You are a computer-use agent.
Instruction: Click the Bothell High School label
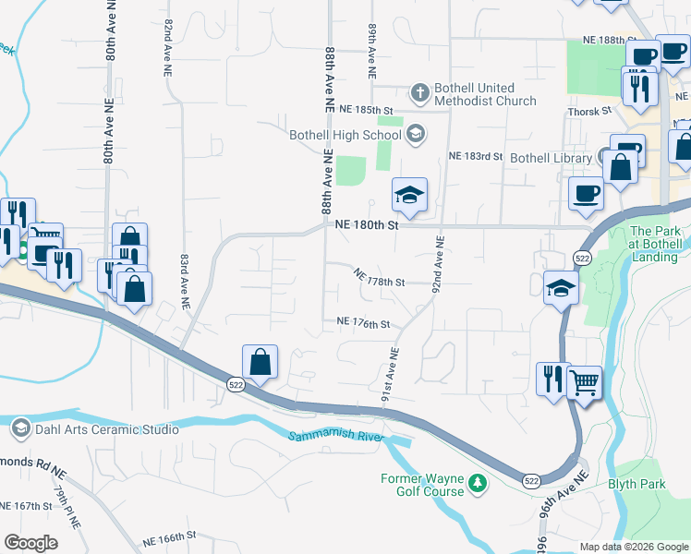345,135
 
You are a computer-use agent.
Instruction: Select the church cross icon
419,92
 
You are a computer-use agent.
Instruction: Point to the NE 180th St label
366,224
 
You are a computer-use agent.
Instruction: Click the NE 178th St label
380,277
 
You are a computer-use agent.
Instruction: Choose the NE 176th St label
363,324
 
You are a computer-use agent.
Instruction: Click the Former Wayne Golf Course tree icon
477,483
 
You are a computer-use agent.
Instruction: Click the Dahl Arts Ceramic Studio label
107,428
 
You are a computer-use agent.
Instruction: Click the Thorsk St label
591,111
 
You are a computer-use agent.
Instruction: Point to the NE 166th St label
170,535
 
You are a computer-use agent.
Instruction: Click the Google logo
30,543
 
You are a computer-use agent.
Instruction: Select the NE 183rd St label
475,156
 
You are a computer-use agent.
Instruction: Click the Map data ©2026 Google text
633,547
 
